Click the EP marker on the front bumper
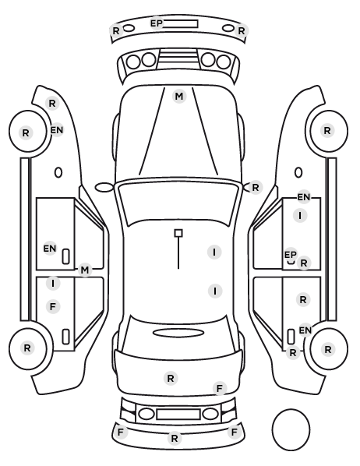click(156, 23)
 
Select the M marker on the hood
click(179, 97)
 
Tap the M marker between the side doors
click(85, 270)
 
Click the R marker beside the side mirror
click(256, 188)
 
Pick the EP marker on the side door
click(291, 255)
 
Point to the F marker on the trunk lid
click(220, 388)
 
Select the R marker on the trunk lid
click(171, 378)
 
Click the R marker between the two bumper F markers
click(175, 438)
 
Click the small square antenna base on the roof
click(178, 233)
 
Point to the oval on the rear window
click(178, 333)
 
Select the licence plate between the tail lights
click(178, 414)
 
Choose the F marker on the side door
click(53, 306)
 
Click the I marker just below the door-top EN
click(300, 215)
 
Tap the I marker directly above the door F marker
click(53, 283)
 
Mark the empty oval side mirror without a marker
click(104, 188)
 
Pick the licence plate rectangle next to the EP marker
click(181, 24)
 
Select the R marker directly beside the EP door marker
click(304, 263)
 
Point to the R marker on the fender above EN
click(52, 104)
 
